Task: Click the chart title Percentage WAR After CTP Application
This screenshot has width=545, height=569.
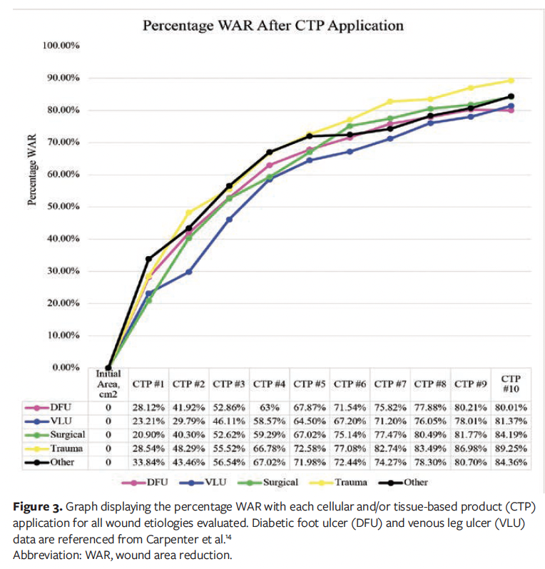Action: point(273,26)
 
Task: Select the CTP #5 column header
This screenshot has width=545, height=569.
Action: point(310,384)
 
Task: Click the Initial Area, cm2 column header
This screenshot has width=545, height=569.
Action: point(108,382)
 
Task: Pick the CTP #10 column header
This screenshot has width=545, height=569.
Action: point(511,384)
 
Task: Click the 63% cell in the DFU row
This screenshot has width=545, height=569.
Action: point(270,407)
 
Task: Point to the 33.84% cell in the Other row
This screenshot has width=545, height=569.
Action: point(148,461)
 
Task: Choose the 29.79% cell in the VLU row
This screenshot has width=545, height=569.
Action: point(189,421)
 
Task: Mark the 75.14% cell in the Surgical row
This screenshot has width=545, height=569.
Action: point(350,434)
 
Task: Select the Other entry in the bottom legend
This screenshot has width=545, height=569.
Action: point(414,483)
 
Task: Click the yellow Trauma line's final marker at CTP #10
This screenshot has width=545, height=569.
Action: point(511,80)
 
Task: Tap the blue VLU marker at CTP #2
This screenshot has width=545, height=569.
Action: point(189,272)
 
